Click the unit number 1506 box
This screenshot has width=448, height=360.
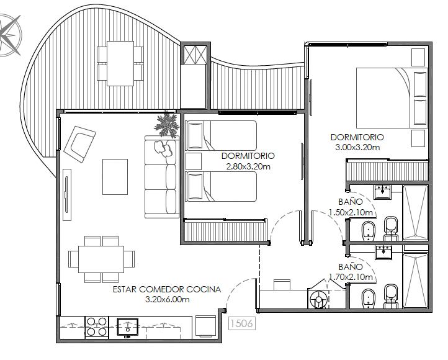[242, 323]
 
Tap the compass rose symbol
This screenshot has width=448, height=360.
[10, 35]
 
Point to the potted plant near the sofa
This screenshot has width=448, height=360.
[166, 125]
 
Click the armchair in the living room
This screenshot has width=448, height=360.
[79, 144]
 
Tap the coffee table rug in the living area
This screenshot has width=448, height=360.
[115, 177]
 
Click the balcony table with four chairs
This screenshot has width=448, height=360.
[120, 63]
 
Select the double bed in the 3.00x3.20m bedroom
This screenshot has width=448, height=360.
[392, 97]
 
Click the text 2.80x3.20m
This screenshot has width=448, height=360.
[248, 166]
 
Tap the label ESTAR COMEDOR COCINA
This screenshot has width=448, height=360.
[167, 289]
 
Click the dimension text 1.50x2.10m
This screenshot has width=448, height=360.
[351, 212]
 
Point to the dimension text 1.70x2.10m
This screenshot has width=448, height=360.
[351, 277]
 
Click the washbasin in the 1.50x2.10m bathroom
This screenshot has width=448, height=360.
[383, 192]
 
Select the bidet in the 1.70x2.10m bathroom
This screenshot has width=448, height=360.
[369, 299]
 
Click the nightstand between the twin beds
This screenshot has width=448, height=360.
[194, 161]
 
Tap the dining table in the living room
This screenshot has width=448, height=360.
[101, 259]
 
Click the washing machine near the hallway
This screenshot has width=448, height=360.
[318, 298]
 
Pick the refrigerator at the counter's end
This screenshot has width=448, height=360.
[205, 326]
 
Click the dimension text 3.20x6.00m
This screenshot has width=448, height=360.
[167, 299]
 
